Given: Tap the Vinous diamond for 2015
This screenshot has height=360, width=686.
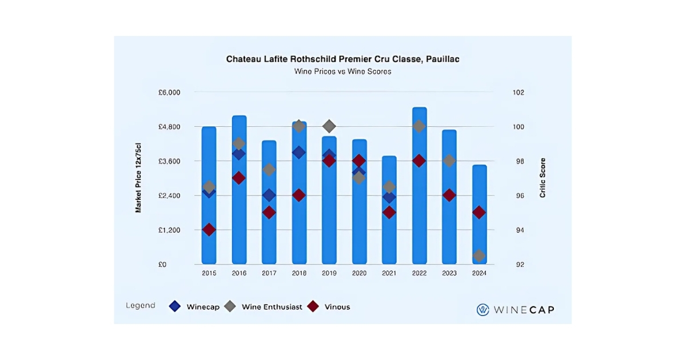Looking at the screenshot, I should click(x=209, y=230).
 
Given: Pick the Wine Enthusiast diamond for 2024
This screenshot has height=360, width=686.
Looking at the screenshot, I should click(x=479, y=255).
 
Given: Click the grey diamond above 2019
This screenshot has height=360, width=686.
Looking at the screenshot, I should click(x=329, y=126).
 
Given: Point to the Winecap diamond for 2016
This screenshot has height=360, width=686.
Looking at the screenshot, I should click(x=239, y=154).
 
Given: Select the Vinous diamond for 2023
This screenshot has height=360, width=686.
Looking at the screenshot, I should click(x=449, y=195).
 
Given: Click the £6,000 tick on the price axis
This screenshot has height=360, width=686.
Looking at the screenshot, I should click(x=169, y=93).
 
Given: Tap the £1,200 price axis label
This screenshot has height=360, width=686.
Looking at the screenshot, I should click(x=169, y=230).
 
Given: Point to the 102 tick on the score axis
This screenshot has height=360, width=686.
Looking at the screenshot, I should click(x=518, y=93).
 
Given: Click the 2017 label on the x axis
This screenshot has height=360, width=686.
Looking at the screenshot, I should click(x=269, y=274).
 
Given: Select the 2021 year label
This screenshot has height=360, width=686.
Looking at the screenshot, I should click(x=389, y=274).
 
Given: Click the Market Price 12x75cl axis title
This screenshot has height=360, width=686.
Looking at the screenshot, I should click(x=138, y=178).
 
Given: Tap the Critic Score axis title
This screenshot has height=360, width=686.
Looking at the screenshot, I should click(x=543, y=178).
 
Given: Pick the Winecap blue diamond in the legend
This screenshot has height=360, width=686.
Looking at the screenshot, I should click(x=176, y=306).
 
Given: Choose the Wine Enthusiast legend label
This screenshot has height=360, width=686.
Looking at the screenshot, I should click(x=272, y=307).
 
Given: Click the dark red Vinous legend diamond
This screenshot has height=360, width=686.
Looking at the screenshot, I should click(x=313, y=306).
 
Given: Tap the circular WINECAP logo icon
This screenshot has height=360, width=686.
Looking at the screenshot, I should click(x=483, y=310).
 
